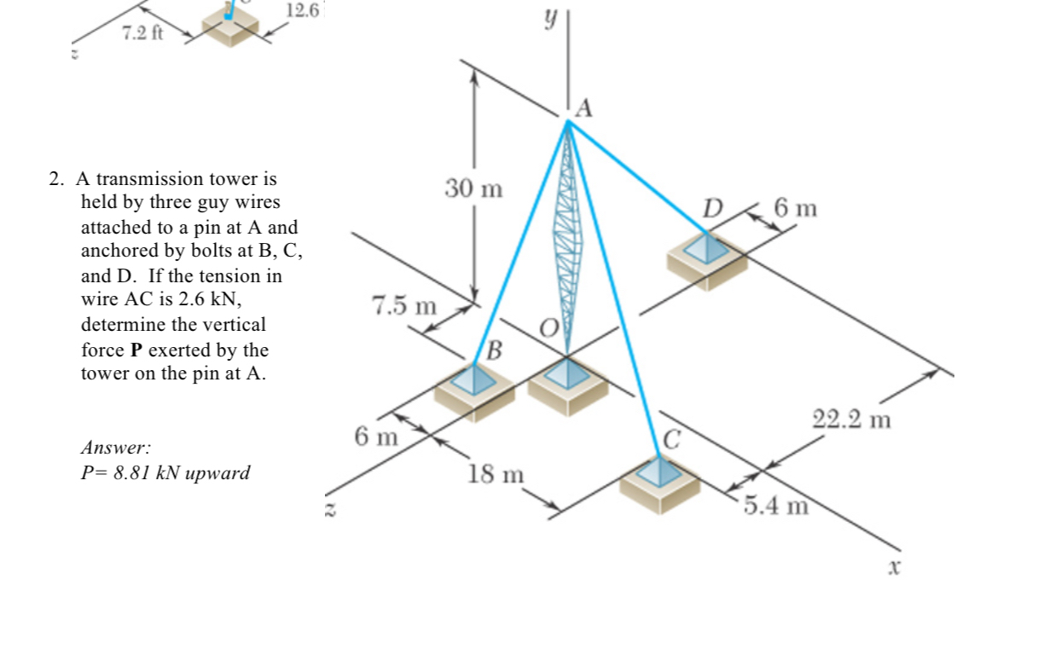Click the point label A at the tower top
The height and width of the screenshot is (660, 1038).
[584, 108]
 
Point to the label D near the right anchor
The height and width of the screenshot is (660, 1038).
[712, 207]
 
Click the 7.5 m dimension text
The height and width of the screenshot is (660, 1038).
[403, 305]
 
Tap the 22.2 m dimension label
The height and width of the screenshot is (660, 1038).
[851, 420]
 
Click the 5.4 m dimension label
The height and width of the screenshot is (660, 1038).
[774, 506]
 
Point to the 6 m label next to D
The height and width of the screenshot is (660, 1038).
[796, 207]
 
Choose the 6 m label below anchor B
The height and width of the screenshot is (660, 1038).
[376, 437]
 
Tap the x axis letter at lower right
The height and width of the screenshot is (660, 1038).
[894, 566]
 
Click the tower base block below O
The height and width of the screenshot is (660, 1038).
[567, 382]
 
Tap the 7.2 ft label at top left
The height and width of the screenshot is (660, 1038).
[142, 33]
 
